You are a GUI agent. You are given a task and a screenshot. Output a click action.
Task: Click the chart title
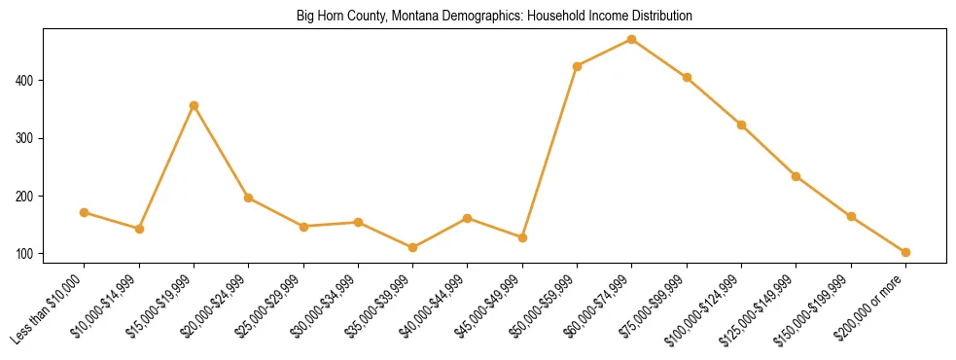pyautogui.click(x=494, y=17)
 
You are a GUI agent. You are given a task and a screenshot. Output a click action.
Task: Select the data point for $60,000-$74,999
pyautogui.click(x=632, y=39)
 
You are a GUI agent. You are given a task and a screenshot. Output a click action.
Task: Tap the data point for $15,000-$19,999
pyautogui.click(x=195, y=105)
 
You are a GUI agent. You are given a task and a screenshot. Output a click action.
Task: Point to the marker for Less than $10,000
pyautogui.click(x=85, y=212)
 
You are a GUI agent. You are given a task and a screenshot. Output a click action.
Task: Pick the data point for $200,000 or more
pyautogui.click(x=905, y=252)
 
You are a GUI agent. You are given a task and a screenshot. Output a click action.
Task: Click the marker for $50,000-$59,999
pyautogui.click(x=578, y=66)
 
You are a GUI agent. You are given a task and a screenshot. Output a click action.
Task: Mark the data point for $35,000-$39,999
pyautogui.click(x=413, y=247)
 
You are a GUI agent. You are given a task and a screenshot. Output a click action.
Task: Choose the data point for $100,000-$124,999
pyautogui.click(x=741, y=125)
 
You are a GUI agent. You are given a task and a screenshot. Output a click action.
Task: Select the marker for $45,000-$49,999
pyautogui.click(x=522, y=237)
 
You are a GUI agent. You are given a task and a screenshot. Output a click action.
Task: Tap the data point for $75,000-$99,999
pyautogui.click(x=687, y=77)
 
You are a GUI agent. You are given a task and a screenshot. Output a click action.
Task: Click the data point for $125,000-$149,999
pyautogui.click(x=797, y=176)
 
